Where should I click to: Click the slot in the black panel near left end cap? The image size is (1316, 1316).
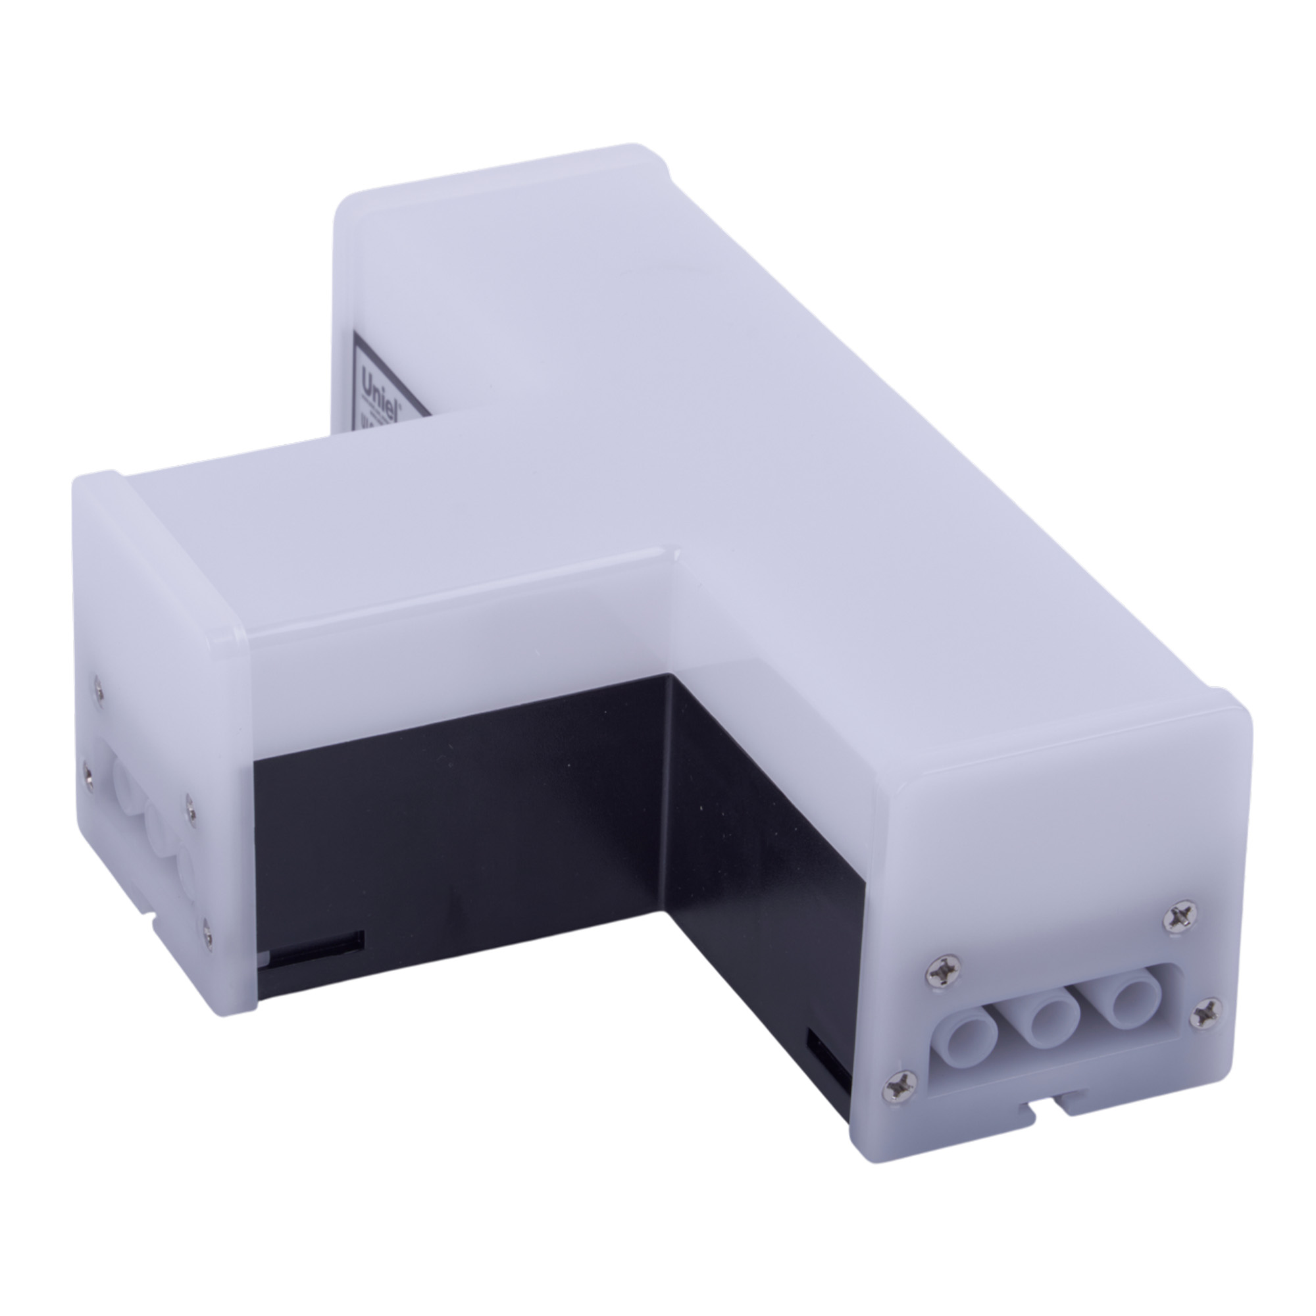316,946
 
